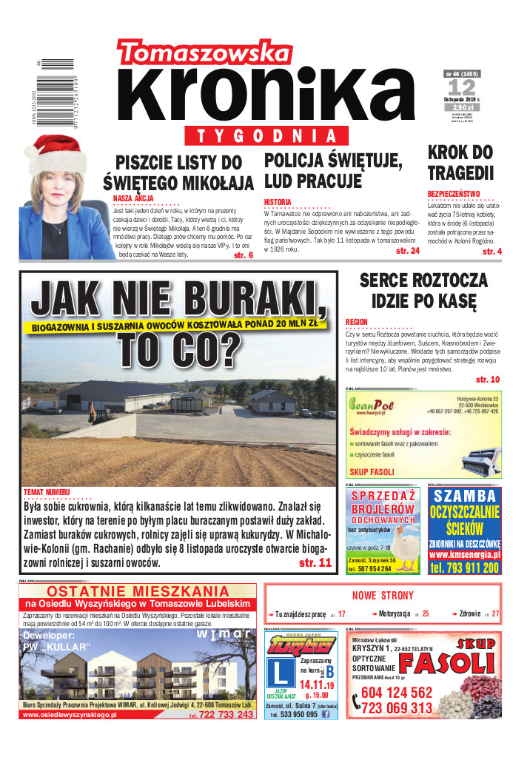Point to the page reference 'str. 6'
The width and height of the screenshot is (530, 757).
[243, 255]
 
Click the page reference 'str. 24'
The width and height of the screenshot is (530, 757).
[407, 252]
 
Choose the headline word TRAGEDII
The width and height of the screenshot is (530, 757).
[460, 172]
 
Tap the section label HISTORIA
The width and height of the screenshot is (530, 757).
[278, 202]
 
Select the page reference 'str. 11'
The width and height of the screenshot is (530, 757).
[315, 563]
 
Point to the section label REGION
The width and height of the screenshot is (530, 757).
[356, 322]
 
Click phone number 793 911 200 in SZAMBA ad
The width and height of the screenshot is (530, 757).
[465, 568]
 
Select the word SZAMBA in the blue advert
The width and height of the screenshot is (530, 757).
[465, 496]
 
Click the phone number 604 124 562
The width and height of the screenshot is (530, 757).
[397, 693]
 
